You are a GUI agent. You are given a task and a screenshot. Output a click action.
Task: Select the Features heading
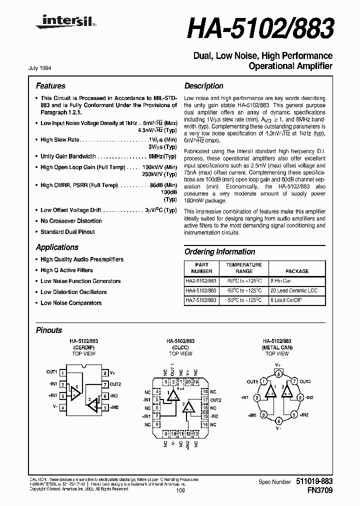[x=50, y=86]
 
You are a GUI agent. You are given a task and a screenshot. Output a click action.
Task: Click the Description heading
[x=203, y=86]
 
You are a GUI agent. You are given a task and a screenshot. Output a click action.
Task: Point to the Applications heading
[x=57, y=247]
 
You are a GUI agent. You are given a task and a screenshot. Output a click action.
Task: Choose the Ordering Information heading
[x=219, y=252]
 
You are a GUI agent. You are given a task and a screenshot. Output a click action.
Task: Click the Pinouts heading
[x=49, y=330]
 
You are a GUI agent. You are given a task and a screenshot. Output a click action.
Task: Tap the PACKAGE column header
[x=297, y=271]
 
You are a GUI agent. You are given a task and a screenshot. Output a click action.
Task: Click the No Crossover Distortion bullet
[x=71, y=221]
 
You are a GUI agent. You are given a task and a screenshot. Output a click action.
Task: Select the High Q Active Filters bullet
[x=66, y=270]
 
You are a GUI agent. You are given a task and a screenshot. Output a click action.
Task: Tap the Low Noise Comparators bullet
[x=71, y=303]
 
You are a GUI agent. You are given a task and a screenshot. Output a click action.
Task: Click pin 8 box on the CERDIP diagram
[x=105, y=373]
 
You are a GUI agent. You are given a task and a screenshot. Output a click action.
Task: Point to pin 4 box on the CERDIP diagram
[x=62, y=408]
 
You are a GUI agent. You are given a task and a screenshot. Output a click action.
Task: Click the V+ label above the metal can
[x=278, y=365]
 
